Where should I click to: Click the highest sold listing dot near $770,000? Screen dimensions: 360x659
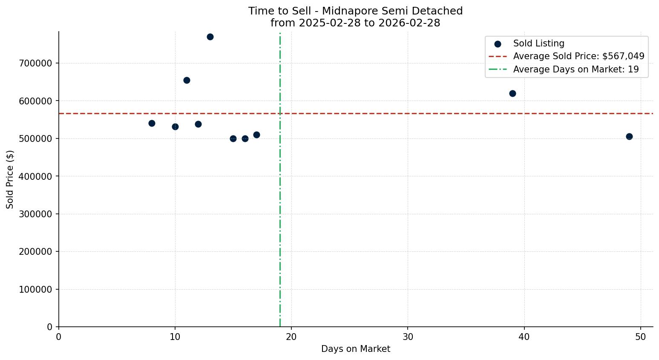click(x=210, y=37)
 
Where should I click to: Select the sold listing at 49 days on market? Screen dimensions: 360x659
click(x=629, y=137)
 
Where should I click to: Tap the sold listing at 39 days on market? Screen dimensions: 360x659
click(x=512, y=94)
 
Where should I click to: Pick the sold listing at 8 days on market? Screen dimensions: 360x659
click(x=152, y=124)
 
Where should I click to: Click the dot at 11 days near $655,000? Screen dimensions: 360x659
click(x=187, y=81)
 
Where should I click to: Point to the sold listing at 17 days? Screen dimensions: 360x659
click(x=256, y=135)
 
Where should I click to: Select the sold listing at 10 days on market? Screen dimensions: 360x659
click(x=175, y=127)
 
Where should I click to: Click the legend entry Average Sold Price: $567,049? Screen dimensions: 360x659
click(x=578, y=56)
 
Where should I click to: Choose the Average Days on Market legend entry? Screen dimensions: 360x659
click(x=576, y=69)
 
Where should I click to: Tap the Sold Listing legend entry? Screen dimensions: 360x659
click(x=538, y=43)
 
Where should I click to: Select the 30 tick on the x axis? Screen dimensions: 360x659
click(x=408, y=337)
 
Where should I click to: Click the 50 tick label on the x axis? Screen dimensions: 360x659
click(x=640, y=337)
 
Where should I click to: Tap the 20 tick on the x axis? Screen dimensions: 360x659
click(x=291, y=337)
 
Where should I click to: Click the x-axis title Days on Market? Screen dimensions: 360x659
click(x=356, y=349)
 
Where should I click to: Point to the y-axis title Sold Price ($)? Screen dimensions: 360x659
click(x=10, y=179)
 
